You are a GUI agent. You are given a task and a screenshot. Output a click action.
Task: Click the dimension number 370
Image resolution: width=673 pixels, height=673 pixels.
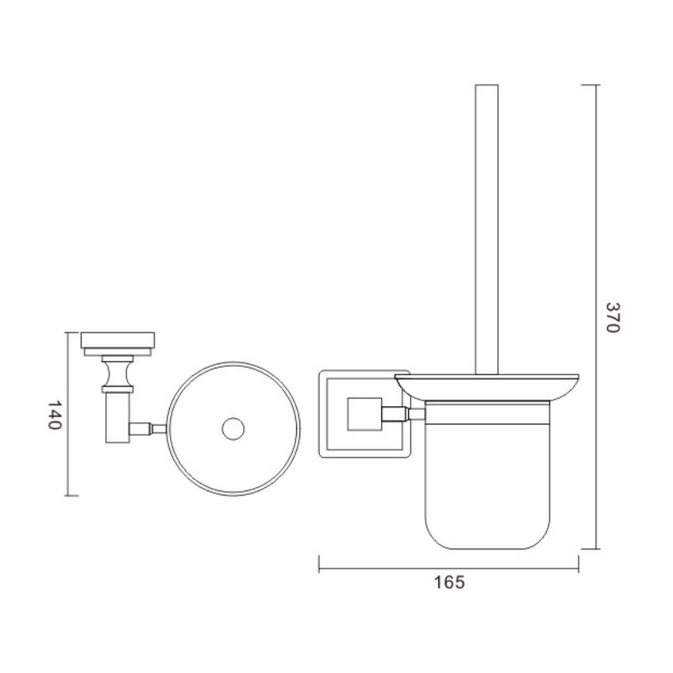tap(613, 317)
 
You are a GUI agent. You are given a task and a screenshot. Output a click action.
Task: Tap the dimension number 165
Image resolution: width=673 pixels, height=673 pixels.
tap(449, 582)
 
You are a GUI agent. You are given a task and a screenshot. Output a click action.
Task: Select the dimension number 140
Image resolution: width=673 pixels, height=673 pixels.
tap(55, 415)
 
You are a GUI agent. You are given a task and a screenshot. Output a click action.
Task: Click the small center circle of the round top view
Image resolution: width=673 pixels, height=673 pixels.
tap(233, 429)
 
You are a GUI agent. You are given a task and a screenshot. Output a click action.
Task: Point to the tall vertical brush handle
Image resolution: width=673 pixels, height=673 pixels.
tap(487, 230)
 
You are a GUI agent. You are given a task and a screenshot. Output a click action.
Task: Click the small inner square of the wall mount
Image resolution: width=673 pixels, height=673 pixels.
tap(364, 414)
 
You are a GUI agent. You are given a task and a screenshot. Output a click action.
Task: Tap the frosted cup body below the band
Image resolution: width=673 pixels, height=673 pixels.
tap(487, 486)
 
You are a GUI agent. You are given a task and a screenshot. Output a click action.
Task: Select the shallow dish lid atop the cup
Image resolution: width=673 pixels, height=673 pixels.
tap(487, 387)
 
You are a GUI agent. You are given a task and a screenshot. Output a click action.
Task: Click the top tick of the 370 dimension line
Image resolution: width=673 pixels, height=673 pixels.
tap(591, 85)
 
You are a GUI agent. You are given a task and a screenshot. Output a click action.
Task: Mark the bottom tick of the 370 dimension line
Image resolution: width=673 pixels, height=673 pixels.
tap(591, 548)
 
